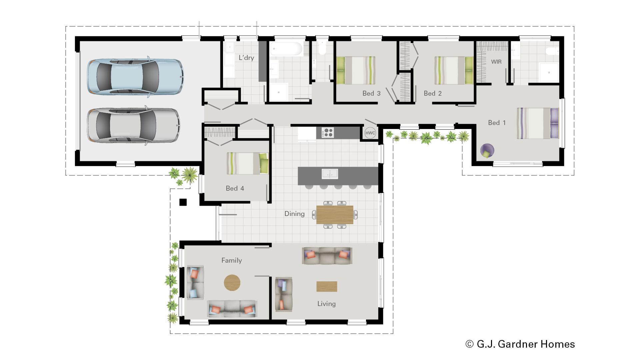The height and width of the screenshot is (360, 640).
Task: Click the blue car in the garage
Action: (x=135, y=77)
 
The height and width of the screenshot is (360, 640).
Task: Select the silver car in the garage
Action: (x=133, y=126)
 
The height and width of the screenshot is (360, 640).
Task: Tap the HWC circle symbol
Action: (x=370, y=133)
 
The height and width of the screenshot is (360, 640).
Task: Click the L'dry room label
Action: (x=246, y=58)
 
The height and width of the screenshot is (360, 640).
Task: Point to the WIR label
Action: (x=496, y=62)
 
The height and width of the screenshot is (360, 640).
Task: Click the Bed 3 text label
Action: (x=371, y=93)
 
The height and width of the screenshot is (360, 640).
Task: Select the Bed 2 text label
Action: (x=433, y=93)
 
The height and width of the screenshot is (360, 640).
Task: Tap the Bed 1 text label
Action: (x=497, y=123)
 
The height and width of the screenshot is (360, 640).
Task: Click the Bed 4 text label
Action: (x=235, y=188)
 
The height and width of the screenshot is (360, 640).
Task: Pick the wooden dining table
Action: (x=335, y=215)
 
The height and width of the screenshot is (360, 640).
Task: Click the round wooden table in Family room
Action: (x=232, y=283)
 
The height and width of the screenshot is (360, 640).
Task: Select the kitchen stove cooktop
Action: (x=327, y=132)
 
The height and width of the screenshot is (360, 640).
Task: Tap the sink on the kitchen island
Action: (x=330, y=174)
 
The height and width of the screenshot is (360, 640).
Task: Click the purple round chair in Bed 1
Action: (x=487, y=151)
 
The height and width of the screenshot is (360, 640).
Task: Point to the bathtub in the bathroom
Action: (x=286, y=49)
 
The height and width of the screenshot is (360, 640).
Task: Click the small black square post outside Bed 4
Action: (x=183, y=202)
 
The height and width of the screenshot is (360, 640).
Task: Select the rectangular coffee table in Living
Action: (x=327, y=286)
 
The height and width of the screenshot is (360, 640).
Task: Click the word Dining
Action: (x=294, y=214)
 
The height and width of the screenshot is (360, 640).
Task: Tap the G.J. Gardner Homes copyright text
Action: (x=520, y=344)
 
